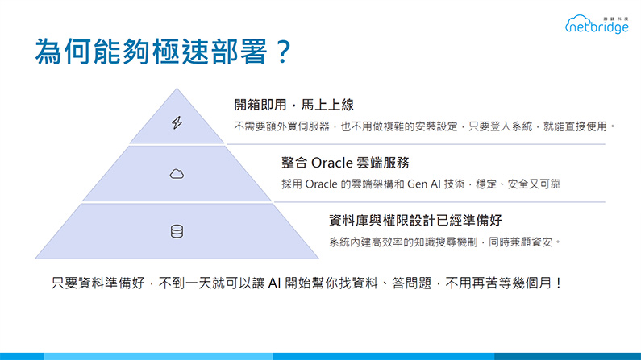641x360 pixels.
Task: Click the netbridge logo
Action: pyautogui.click(x=597, y=24)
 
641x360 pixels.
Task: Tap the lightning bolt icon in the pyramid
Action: pyautogui.click(x=177, y=122)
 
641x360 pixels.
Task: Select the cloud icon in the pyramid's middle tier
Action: pyautogui.click(x=177, y=174)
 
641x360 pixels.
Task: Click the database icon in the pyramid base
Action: pyautogui.click(x=177, y=231)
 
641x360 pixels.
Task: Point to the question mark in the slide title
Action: pyautogui.click(x=283, y=52)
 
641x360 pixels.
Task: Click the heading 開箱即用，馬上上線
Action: pyautogui.click(x=294, y=105)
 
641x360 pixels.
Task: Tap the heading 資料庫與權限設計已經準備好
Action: pyautogui.click(x=415, y=221)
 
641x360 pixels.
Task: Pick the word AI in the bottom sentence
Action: pyautogui.click(x=274, y=283)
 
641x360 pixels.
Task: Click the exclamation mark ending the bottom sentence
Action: pyautogui.click(x=559, y=283)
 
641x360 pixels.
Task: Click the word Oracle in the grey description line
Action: pyautogui.click(x=322, y=184)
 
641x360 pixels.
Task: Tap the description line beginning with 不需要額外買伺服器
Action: pyautogui.click(x=424, y=126)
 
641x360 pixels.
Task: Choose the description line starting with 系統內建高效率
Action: pyautogui.click(x=444, y=242)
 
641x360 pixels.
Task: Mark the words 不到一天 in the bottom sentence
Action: pyautogui.click(x=185, y=283)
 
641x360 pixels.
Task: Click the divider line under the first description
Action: pyautogui.click(x=416, y=144)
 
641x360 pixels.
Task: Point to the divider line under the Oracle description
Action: pyautogui.click(x=439, y=202)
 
